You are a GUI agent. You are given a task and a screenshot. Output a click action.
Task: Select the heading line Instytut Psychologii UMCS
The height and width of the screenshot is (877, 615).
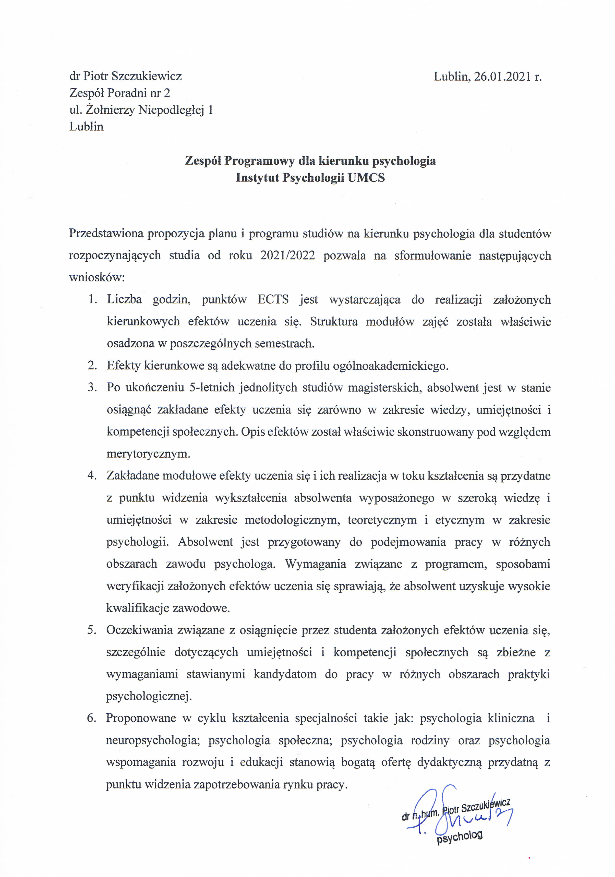pos(310,178)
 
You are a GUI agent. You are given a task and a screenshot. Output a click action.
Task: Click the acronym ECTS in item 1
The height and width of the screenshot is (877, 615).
pos(273,299)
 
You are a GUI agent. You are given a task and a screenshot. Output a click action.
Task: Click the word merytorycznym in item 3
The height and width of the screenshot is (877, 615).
pos(148,454)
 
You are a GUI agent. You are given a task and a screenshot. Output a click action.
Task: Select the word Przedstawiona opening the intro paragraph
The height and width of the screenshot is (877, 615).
pos(105,233)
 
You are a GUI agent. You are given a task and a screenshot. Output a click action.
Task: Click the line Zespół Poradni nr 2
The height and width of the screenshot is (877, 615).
pos(119,93)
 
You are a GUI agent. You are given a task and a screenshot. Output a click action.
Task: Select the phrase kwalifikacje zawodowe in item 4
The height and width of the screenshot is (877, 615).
pos(168,608)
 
